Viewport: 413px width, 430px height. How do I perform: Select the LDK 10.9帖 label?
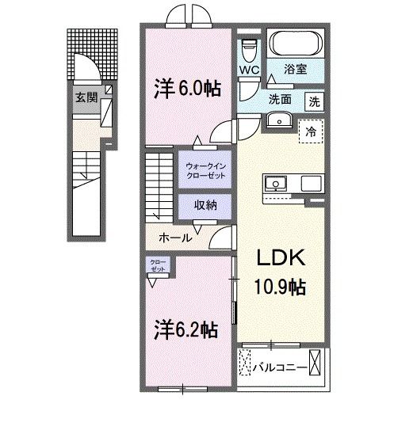(278, 274)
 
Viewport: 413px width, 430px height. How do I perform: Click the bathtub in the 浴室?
(295, 44)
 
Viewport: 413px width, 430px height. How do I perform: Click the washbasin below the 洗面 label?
(278, 120)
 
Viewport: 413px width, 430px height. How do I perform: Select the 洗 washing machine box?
(315, 101)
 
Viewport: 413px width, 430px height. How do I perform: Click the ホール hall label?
(174, 237)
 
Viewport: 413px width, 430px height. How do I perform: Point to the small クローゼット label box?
(155, 265)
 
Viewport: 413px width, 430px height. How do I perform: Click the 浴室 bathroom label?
(296, 69)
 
